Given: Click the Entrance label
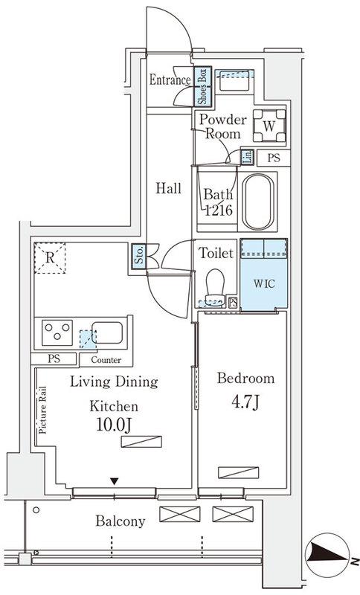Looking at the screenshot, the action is [x=170, y=80].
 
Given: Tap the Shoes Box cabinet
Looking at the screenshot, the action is [x=202, y=86].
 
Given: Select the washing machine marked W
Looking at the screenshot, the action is [x=269, y=126].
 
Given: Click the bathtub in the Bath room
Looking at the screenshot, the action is [x=258, y=202].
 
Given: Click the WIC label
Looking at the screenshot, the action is [x=264, y=283].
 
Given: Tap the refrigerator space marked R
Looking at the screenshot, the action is [x=50, y=258].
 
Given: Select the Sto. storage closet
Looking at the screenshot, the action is [x=139, y=255].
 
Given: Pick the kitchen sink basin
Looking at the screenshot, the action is [x=107, y=332].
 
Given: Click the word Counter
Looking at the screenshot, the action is [x=106, y=360].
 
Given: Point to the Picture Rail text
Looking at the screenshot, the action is [x=42, y=410].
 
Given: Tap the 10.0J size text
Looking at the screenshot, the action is [x=113, y=425].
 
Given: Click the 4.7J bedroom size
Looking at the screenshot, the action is [x=245, y=402].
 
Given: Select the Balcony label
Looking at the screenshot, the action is [x=120, y=521].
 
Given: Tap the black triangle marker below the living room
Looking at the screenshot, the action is [x=115, y=481].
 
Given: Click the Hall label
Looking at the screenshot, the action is [x=168, y=188].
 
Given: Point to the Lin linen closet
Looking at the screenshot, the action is [x=247, y=157].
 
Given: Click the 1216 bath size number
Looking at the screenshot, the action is [x=219, y=210].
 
